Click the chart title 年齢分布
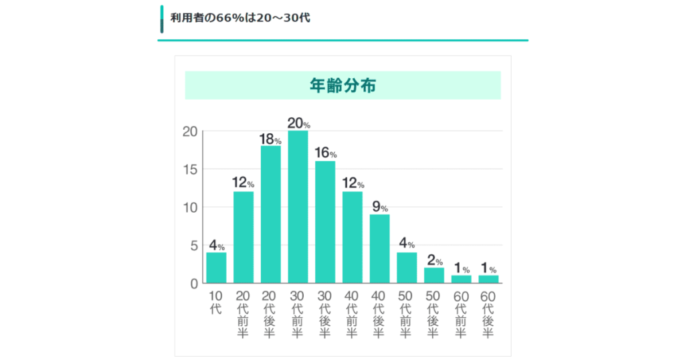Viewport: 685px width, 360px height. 342,86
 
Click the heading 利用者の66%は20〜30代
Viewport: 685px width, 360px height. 239,18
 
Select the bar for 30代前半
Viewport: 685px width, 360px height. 298,207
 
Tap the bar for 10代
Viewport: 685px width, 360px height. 216,268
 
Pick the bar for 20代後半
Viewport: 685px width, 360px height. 270,214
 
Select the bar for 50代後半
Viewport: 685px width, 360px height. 434,275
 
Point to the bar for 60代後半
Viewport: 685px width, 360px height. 488,279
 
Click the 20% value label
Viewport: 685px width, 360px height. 298,123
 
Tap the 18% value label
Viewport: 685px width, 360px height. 270,139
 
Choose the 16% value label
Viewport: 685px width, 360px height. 325,154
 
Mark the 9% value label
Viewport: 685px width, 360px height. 379,207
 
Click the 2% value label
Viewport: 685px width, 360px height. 434,260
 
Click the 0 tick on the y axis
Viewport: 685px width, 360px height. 194,284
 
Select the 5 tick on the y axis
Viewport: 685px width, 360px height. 194,246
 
